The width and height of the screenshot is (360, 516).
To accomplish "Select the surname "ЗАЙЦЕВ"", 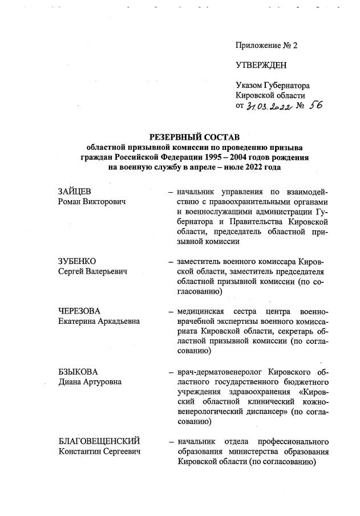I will (75, 191).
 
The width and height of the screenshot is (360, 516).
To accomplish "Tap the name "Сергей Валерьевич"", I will (93, 271).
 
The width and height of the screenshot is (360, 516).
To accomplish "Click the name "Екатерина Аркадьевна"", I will (100, 321).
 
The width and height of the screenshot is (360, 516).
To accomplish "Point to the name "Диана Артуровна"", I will (90, 381).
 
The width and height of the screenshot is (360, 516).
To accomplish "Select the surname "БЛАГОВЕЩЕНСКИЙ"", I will (100, 441).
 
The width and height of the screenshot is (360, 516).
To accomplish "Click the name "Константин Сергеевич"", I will (99, 452).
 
